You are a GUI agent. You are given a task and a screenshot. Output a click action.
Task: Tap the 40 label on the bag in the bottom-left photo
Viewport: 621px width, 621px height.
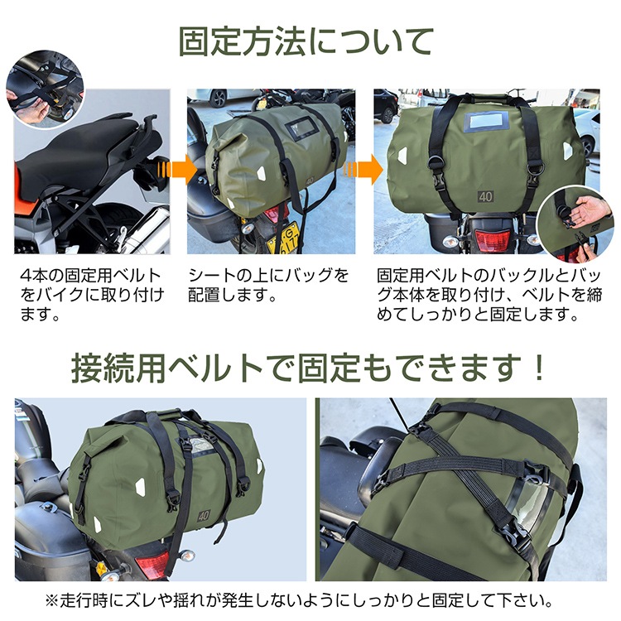click(203, 515)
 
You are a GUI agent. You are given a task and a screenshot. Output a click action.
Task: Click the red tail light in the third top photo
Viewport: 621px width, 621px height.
click(488, 239)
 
